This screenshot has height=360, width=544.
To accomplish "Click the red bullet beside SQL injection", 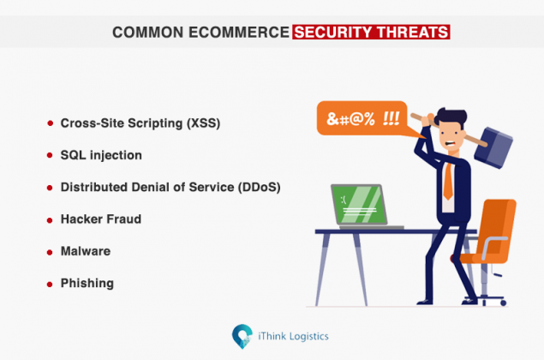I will pos(51,156).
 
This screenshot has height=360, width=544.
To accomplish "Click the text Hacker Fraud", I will pos(101,219).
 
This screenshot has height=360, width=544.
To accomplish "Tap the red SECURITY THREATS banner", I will pos(370,33).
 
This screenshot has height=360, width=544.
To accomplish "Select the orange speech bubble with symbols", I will pos(358,117).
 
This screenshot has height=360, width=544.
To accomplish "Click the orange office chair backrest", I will pos(499,225).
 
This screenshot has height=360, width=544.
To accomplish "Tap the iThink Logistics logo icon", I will pos(242,335).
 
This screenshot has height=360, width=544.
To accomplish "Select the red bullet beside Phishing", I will pos(51,283).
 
